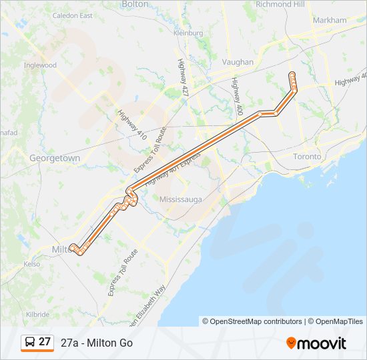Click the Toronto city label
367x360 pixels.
(307, 157)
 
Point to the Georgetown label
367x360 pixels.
(55, 159)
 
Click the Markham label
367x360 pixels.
(329, 20)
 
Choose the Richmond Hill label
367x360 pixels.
(280, 4)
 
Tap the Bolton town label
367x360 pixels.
(135, 4)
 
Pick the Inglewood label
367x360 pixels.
(40, 65)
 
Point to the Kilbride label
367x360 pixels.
(37, 314)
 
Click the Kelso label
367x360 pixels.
(31, 264)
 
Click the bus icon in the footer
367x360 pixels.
(29, 343)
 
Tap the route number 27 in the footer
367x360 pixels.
(45, 342)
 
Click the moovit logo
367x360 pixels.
(316, 343)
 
